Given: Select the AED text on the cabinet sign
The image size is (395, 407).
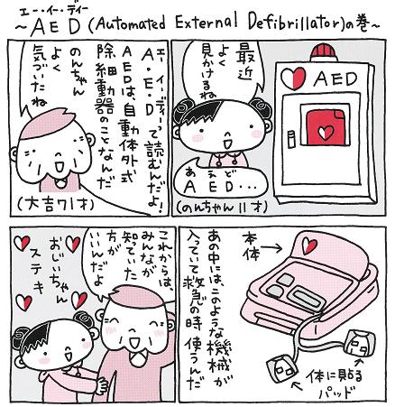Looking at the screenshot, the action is pos(335,79).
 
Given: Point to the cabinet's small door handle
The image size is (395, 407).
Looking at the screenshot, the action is pos(291,139).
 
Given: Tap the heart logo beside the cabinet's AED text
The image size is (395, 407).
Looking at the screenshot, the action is pos(293,78).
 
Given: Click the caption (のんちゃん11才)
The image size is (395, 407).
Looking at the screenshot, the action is pos(222,207).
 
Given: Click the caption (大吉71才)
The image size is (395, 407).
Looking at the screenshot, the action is pos(55,205).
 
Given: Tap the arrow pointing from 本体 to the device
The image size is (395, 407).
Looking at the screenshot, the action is pos(271,248).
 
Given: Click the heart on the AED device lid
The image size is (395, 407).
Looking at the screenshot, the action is pos(309,245).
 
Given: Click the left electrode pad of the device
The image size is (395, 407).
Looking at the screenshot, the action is pos(282,369).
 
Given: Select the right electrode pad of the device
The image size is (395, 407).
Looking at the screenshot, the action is pos(361,343).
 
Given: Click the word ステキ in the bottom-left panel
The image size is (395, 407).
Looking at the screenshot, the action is pos(36,273).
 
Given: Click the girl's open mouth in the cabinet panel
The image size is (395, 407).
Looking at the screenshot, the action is pos(227,143).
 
